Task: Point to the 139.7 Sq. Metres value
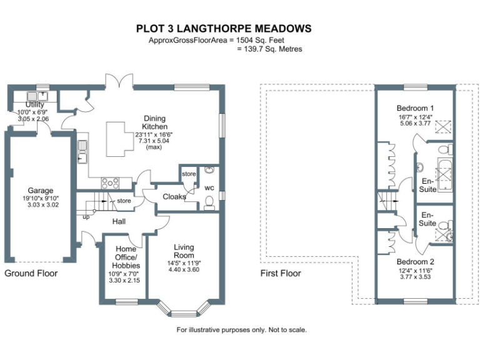click(x=270, y=49)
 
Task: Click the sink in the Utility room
click(x=32, y=96)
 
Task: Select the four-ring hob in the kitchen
click(x=110, y=182)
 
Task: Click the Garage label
click(x=40, y=191)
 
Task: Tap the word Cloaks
click(x=174, y=196)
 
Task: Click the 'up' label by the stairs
click(x=85, y=217)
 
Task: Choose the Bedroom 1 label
click(x=416, y=107)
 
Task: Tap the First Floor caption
click(x=280, y=273)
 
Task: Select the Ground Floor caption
click(x=31, y=273)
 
